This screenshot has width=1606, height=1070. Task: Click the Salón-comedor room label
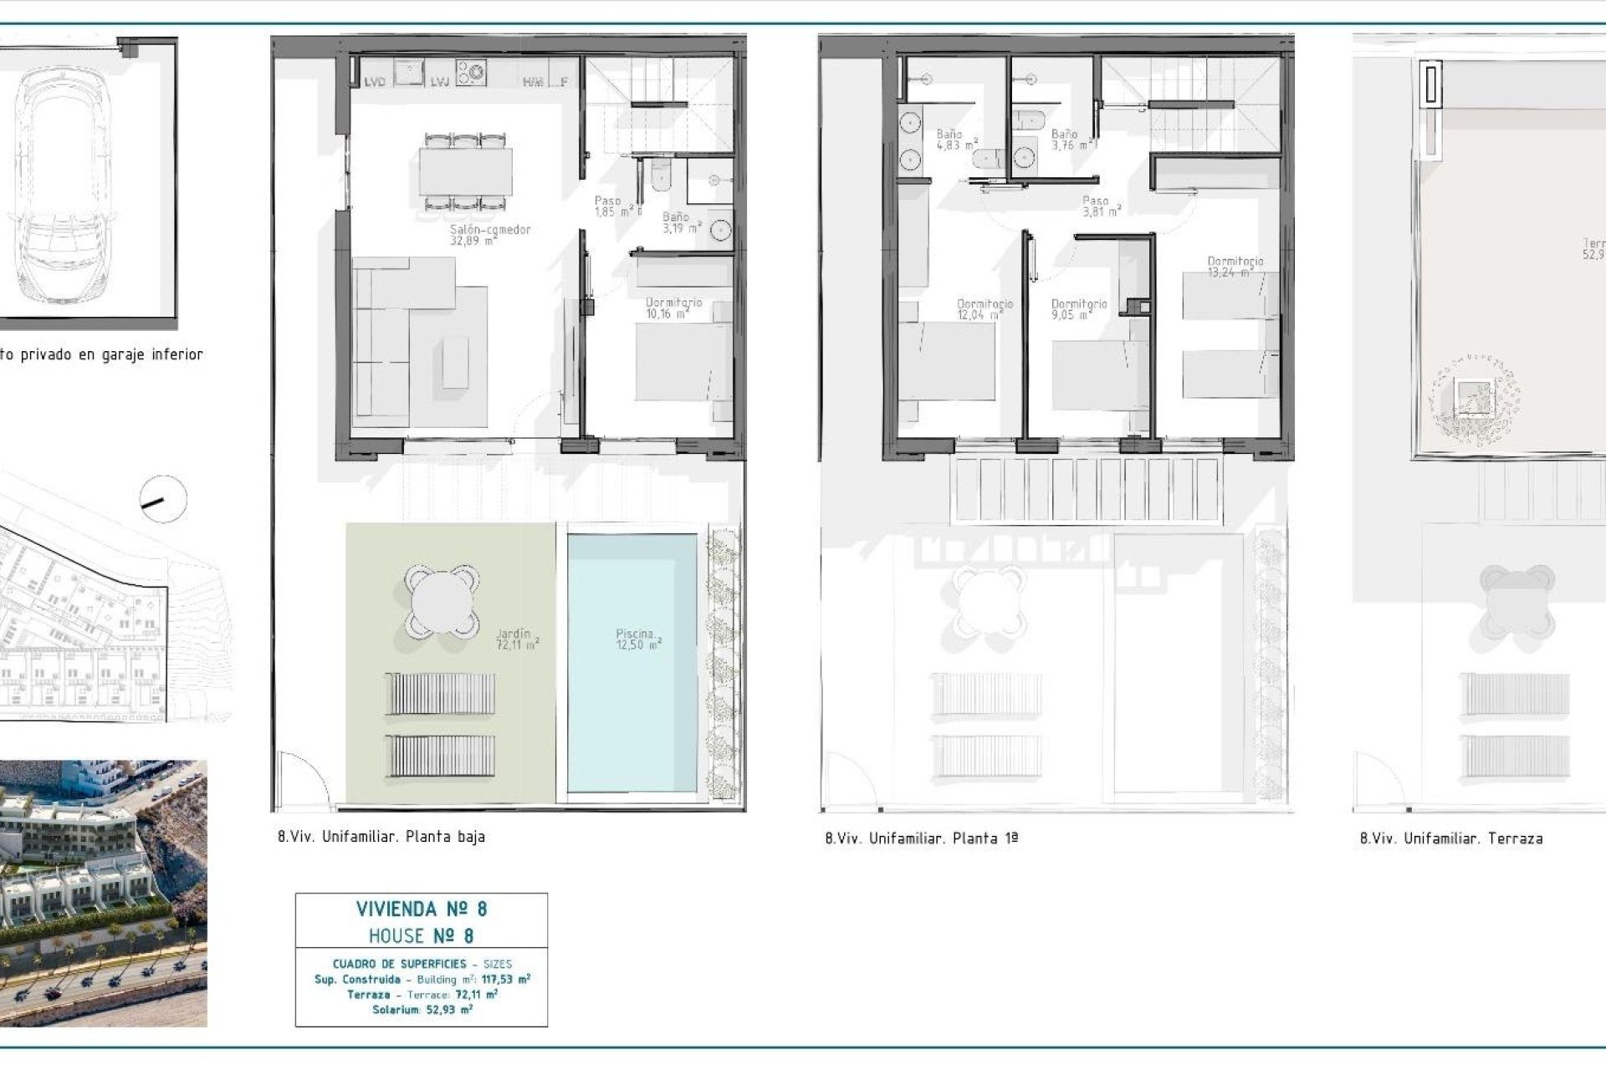[x=490, y=235]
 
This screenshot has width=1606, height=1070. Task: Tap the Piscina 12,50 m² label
[x=638, y=639]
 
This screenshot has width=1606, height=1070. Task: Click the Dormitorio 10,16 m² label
[x=673, y=308]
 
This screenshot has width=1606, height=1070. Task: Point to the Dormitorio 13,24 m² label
[x=1235, y=267]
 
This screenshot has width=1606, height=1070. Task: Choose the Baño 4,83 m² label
[x=956, y=140]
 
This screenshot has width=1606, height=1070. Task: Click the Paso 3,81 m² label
[x=1100, y=206]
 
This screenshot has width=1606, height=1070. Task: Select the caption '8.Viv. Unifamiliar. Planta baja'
[x=381, y=837]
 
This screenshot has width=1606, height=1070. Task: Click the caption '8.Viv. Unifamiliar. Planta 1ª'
[x=921, y=838]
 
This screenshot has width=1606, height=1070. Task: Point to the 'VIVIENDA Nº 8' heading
[x=422, y=909]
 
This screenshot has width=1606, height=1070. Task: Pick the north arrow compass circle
[x=162, y=499]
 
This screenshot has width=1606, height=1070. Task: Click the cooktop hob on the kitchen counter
[x=471, y=71]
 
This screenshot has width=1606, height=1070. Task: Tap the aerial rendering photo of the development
[x=103, y=893]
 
